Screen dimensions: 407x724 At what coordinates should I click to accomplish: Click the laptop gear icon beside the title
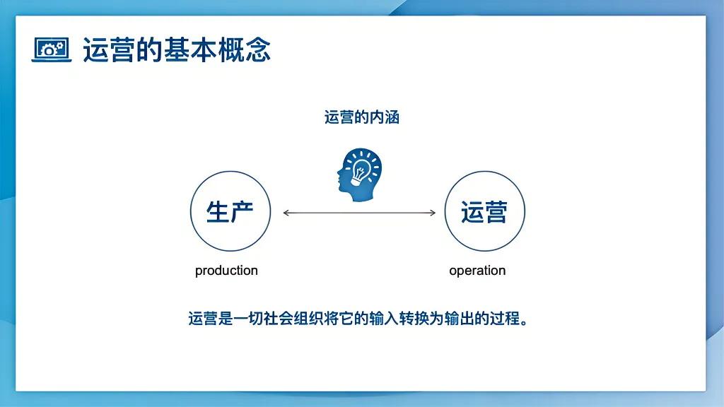[52, 49]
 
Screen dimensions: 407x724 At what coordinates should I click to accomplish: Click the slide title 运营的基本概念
[177, 50]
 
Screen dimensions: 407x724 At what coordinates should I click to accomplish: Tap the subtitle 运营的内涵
[362, 117]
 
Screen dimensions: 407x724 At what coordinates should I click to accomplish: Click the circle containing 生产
[230, 211]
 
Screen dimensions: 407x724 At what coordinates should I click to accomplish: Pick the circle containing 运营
[484, 211]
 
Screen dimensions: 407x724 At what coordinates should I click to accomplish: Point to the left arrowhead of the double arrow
[286, 213]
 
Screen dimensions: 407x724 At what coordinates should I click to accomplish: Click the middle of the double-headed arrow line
[359, 213]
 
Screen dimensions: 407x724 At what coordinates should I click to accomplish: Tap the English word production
[226, 271]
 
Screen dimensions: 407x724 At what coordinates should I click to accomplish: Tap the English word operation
[477, 271]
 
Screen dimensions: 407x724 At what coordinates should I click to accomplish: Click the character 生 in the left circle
[218, 211]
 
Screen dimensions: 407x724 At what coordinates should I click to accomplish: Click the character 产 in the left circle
[242, 211]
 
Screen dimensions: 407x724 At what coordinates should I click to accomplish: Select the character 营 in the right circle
[496, 211]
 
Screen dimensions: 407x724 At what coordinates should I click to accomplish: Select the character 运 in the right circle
[472, 211]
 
